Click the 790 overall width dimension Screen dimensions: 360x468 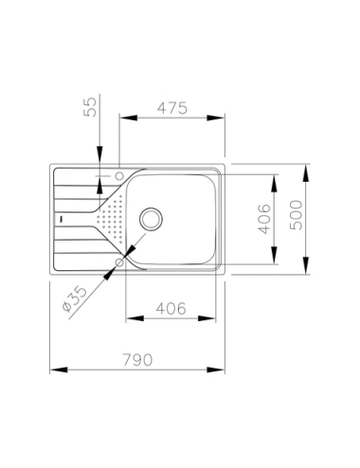pos(137,360)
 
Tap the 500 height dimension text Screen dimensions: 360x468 pos(297,215)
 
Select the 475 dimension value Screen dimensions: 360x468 pos(172,108)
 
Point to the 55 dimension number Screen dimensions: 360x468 pos(91,107)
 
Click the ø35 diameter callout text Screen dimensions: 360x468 pos(75,298)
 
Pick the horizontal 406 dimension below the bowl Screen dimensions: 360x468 pos(171,309)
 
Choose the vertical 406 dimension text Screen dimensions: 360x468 pos(264,219)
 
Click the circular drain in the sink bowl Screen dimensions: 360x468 pos(151,219)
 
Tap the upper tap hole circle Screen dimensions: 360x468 pos(119,176)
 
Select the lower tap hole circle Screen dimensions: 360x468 pos(119,262)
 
